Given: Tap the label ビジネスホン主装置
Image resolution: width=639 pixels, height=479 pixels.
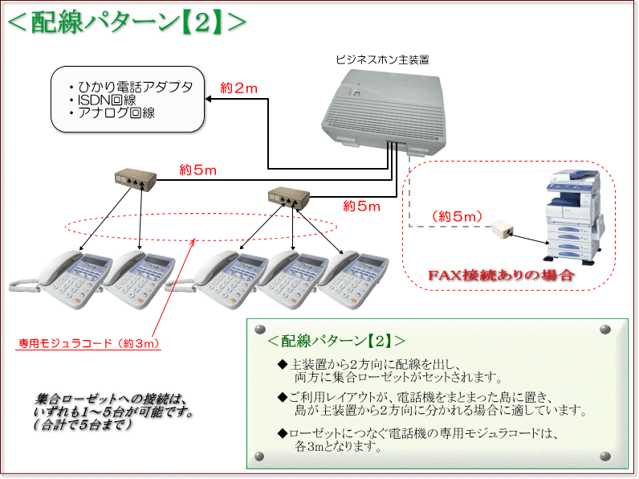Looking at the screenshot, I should pyautogui.click(x=382, y=59).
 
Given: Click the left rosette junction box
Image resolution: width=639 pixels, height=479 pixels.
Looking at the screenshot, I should pyautogui.click(x=134, y=178).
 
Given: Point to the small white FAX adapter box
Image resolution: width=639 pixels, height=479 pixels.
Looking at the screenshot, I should pyautogui.click(x=504, y=231).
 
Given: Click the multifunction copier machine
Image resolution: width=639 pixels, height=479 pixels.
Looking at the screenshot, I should pyautogui.click(x=573, y=213).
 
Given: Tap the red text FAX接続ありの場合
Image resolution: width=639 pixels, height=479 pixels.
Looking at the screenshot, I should pyautogui.click(x=500, y=276).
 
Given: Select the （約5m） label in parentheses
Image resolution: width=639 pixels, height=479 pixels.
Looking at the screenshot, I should pyautogui.click(x=457, y=216).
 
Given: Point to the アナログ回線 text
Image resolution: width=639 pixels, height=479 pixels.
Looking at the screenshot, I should pyautogui.click(x=116, y=113).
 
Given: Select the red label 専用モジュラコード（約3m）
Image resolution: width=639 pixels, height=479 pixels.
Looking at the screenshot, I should pyautogui.click(x=89, y=344).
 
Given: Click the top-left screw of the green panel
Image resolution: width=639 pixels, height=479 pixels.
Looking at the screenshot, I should pyautogui.click(x=258, y=330).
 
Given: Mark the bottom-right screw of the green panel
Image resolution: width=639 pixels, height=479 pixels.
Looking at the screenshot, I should pyautogui.click(x=616, y=457).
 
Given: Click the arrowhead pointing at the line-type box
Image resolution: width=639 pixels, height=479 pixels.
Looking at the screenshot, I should pyautogui.click(x=208, y=100).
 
